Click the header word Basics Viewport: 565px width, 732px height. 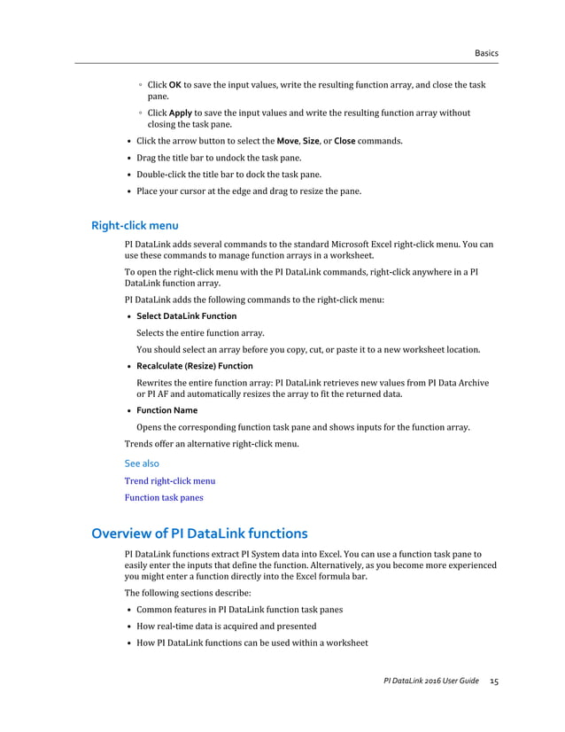click(x=486, y=53)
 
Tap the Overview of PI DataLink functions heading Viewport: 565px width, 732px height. click(x=200, y=533)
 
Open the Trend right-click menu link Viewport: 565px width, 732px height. click(x=170, y=481)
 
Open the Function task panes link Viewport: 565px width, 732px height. click(x=164, y=498)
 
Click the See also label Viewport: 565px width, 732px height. click(x=142, y=463)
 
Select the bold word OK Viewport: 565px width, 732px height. click(x=175, y=85)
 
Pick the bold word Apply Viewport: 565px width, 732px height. click(x=181, y=113)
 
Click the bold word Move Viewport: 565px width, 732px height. click(x=287, y=141)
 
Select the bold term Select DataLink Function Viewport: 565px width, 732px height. click(x=186, y=316)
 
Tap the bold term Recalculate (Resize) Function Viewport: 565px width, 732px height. click(x=194, y=366)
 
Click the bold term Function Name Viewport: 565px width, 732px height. click(x=166, y=410)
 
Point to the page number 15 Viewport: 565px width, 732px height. click(x=494, y=681)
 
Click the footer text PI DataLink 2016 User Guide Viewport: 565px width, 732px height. click(x=430, y=681)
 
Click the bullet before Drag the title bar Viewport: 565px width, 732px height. click(x=130, y=158)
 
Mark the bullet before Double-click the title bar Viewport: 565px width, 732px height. click(x=130, y=175)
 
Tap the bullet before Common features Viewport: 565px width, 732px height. click(x=130, y=610)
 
